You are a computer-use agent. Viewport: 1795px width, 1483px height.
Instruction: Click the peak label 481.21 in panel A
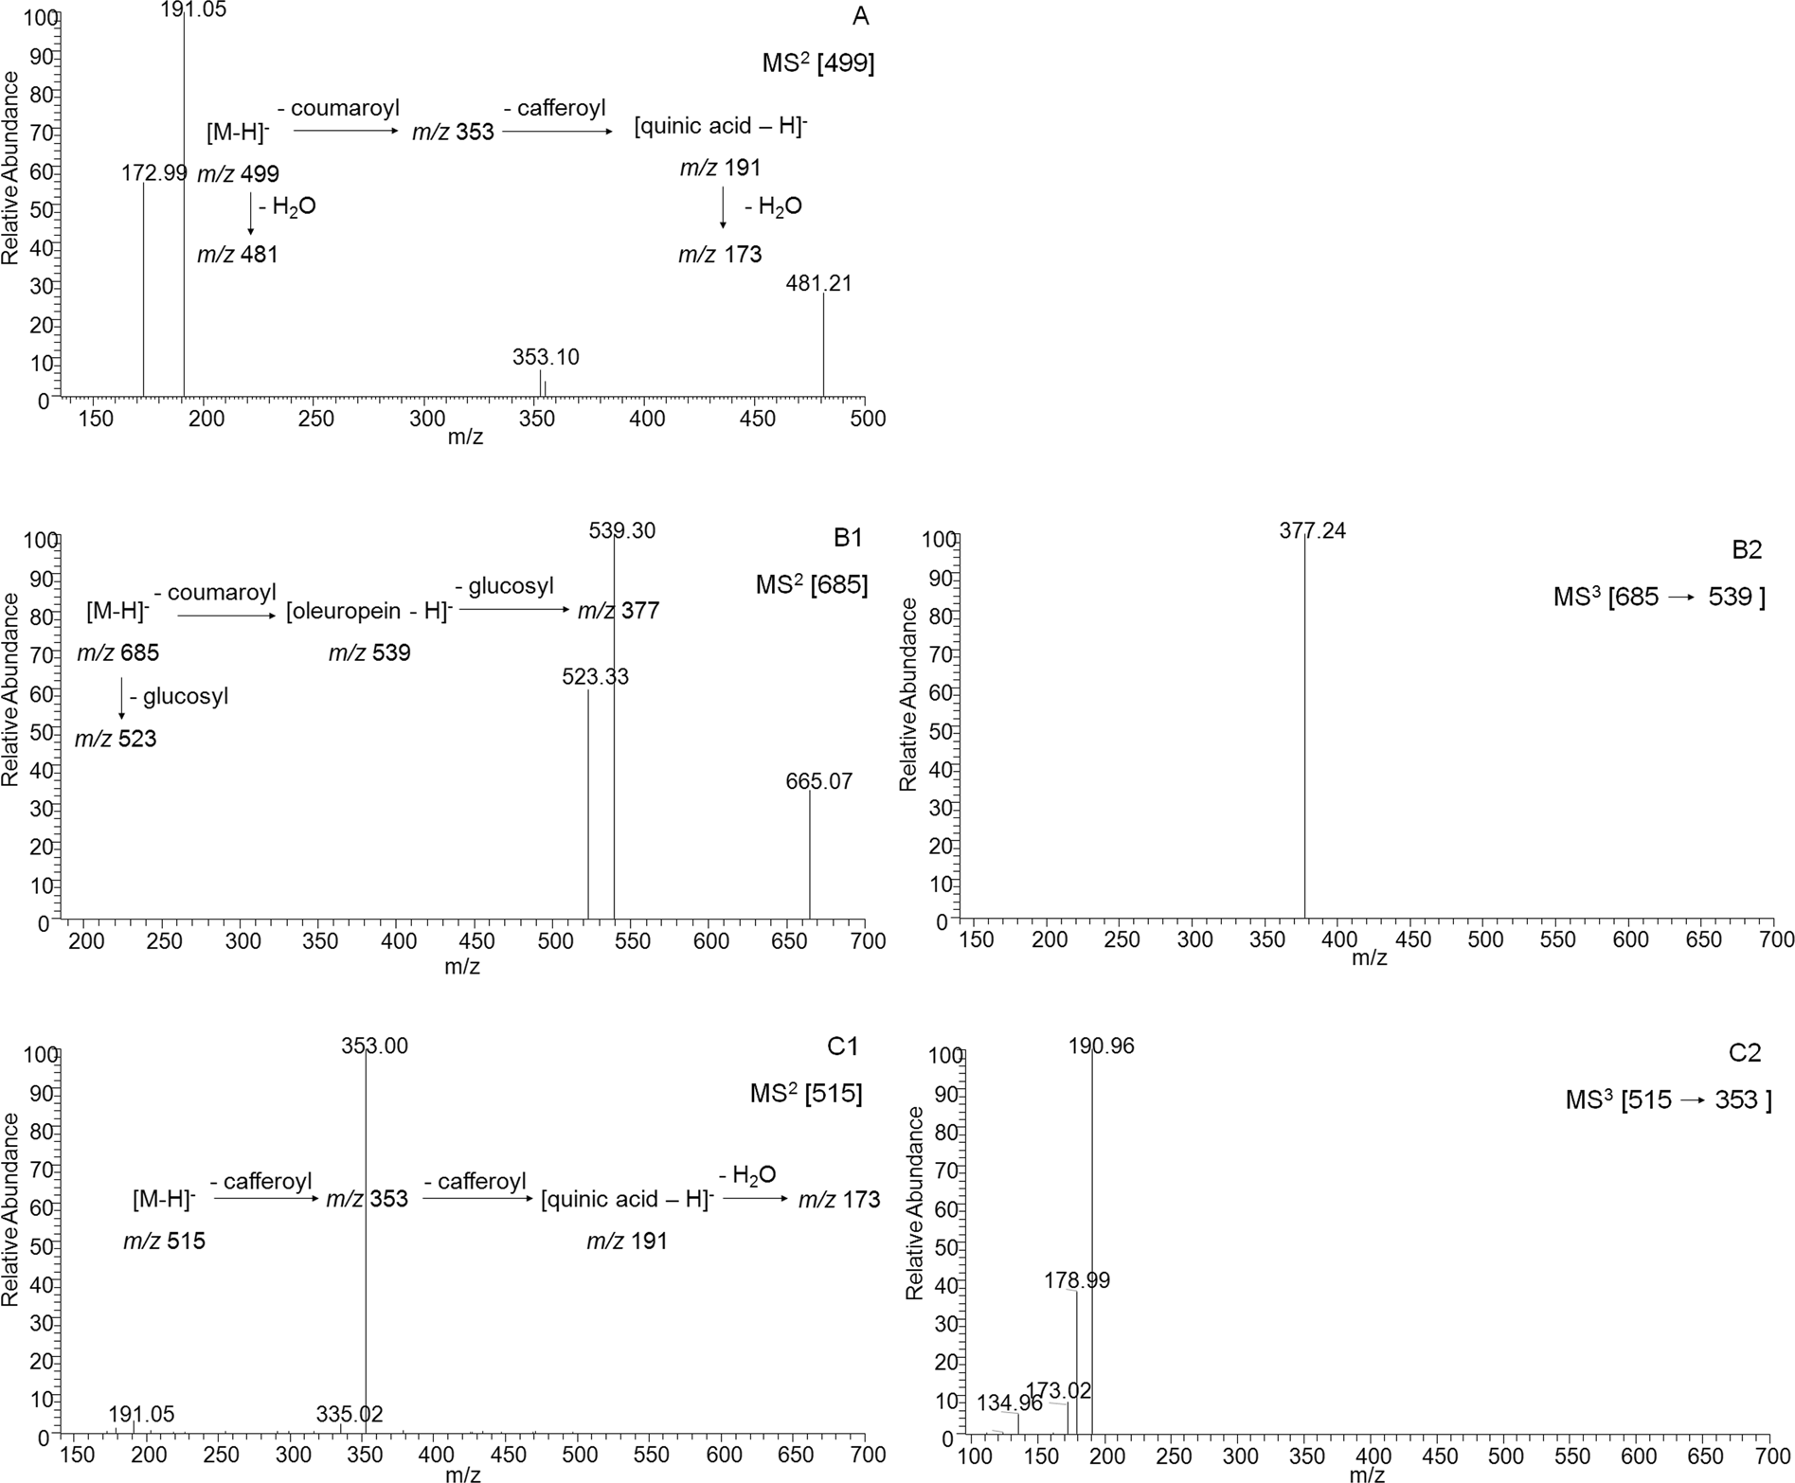pyautogui.click(x=818, y=283)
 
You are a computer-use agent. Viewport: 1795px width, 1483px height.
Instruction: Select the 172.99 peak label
pyautogui.click(x=154, y=173)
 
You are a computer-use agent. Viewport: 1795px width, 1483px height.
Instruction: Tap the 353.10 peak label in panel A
pyautogui.click(x=546, y=357)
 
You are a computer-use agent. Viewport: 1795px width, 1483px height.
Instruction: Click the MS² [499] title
pyautogui.click(x=817, y=63)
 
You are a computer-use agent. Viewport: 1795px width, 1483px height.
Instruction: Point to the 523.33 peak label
pyautogui.click(x=595, y=677)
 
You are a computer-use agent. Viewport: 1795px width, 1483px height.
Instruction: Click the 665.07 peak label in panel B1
pyautogui.click(x=818, y=781)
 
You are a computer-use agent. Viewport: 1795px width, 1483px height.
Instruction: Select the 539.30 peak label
pyautogui.click(x=621, y=531)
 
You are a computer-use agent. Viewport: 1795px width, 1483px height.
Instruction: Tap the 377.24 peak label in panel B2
pyautogui.click(x=1312, y=531)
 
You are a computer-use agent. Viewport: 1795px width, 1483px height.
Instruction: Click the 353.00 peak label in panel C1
pyautogui.click(x=374, y=1045)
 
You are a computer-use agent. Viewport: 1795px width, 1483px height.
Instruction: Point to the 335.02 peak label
pyautogui.click(x=349, y=1414)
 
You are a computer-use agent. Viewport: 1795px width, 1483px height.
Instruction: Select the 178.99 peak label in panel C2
pyautogui.click(x=1077, y=1280)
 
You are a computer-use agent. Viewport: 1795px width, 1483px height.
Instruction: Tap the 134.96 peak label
pyautogui.click(x=1010, y=1403)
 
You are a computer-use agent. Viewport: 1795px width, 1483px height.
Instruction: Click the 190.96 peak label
pyautogui.click(x=1102, y=1045)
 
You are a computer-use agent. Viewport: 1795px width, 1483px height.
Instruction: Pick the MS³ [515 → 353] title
pyautogui.click(x=1667, y=1099)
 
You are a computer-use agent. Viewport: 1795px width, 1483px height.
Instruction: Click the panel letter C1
pyautogui.click(x=842, y=1046)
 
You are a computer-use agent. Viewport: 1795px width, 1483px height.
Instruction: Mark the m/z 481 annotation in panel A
pyautogui.click(x=237, y=255)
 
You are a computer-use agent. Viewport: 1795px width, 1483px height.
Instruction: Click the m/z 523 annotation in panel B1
pyautogui.click(x=116, y=739)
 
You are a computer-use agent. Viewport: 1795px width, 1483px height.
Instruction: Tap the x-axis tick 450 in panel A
pyautogui.click(x=756, y=418)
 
